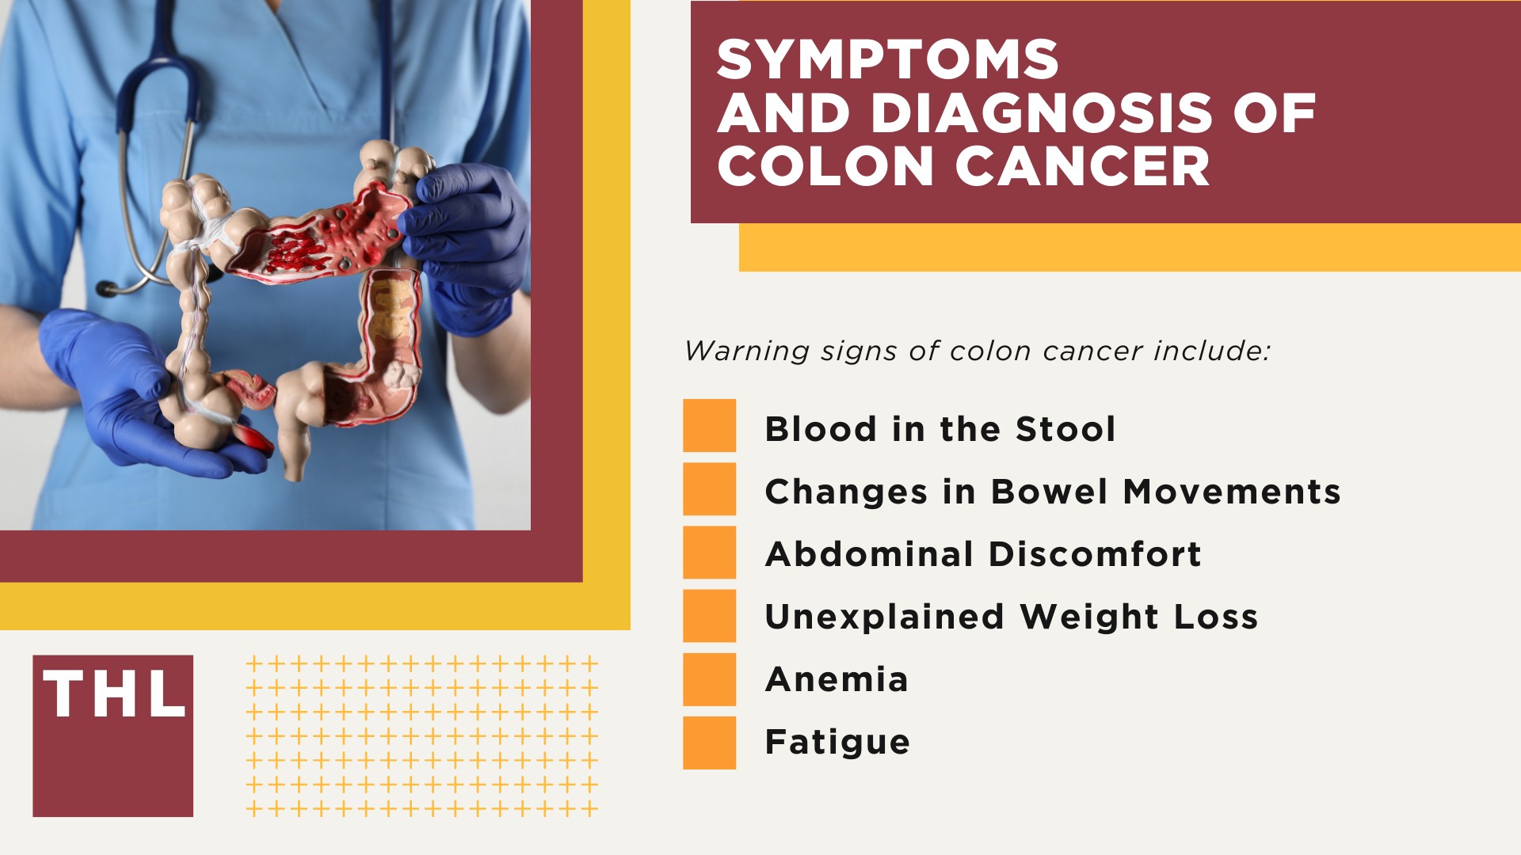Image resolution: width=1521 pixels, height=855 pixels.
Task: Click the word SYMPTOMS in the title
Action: click(x=887, y=60)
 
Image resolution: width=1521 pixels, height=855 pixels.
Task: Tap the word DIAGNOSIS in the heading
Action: click(x=1041, y=113)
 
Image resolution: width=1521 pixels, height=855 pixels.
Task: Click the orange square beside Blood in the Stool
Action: click(x=709, y=426)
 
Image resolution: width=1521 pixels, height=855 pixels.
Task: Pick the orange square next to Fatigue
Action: click(x=709, y=743)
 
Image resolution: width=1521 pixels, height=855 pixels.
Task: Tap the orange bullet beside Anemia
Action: click(x=709, y=679)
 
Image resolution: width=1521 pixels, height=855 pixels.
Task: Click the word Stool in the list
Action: click(x=1065, y=429)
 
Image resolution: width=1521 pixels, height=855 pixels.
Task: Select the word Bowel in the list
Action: click(x=1049, y=492)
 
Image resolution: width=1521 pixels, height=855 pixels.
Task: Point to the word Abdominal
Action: click(x=869, y=554)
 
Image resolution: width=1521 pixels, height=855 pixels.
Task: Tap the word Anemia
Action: click(x=837, y=679)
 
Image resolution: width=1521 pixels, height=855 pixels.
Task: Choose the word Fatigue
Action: click(x=837, y=743)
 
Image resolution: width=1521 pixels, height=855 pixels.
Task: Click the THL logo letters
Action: click(x=113, y=695)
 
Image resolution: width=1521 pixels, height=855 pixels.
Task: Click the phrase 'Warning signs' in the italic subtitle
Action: click(x=746, y=351)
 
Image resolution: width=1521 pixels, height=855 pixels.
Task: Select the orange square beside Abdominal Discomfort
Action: click(x=709, y=553)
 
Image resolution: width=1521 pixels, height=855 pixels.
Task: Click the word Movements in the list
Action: click(x=1232, y=492)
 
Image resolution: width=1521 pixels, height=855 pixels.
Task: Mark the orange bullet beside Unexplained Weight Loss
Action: click(x=709, y=616)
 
